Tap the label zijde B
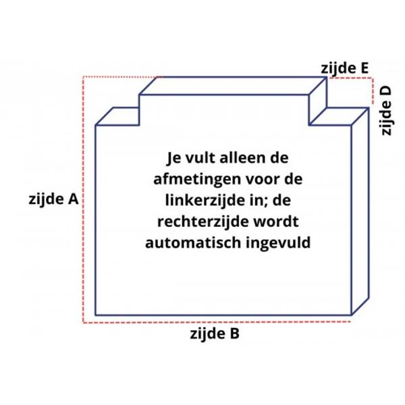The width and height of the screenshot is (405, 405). point(215,333)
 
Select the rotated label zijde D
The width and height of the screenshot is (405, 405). point(386,110)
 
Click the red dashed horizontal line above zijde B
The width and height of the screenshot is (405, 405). point(216,322)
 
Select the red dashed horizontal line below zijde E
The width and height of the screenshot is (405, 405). point(350,78)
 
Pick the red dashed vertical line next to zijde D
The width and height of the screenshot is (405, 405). point(373,91)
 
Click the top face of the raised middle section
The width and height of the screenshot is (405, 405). point(233,86)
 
